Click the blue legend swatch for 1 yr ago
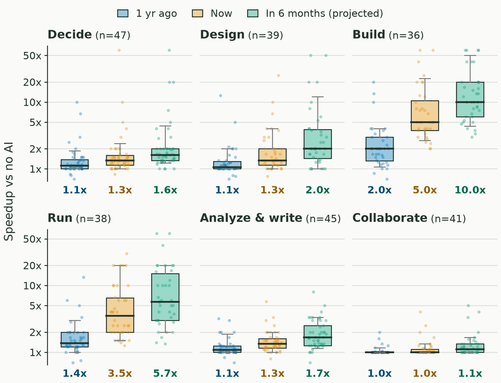[x=123, y=14]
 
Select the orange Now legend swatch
[x=198, y=14]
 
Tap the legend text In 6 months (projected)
[x=324, y=14]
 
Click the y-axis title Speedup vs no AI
[x=9, y=191]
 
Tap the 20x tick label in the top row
[x=32, y=82]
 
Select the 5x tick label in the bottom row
[x=35, y=306]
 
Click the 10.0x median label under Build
[x=470, y=190]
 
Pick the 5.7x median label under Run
[x=165, y=373]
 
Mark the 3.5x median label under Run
[x=120, y=373]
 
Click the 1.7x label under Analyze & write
[x=317, y=373]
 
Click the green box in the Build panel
[x=470, y=99]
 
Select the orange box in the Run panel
[x=120, y=315]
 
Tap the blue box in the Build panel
[x=380, y=149]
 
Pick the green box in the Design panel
[x=318, y=144]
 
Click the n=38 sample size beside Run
[x=93, y=219]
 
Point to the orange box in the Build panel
[x=425, y=116]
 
